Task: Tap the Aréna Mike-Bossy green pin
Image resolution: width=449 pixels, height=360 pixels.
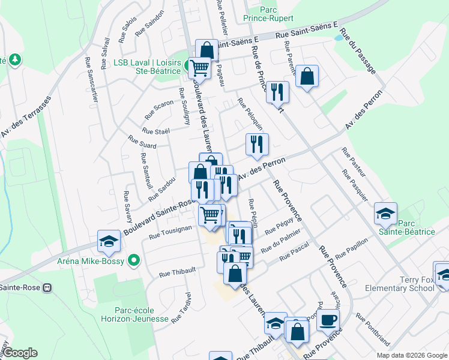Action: coord(134,260)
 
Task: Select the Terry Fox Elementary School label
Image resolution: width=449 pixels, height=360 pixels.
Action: coord(400,284)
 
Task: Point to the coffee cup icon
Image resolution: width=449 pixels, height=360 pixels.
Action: coord(328,320)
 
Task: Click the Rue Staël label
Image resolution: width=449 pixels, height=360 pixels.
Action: coord(156,130)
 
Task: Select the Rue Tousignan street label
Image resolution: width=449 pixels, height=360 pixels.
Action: coord(170,232)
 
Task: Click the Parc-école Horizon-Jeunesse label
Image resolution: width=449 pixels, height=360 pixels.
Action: coord(134,314)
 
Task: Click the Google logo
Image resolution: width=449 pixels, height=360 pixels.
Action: coord(20,353)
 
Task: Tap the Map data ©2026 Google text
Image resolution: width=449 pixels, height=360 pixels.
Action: coord(412,355)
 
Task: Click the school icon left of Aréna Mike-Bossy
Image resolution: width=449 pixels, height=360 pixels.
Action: coord(109,241)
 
